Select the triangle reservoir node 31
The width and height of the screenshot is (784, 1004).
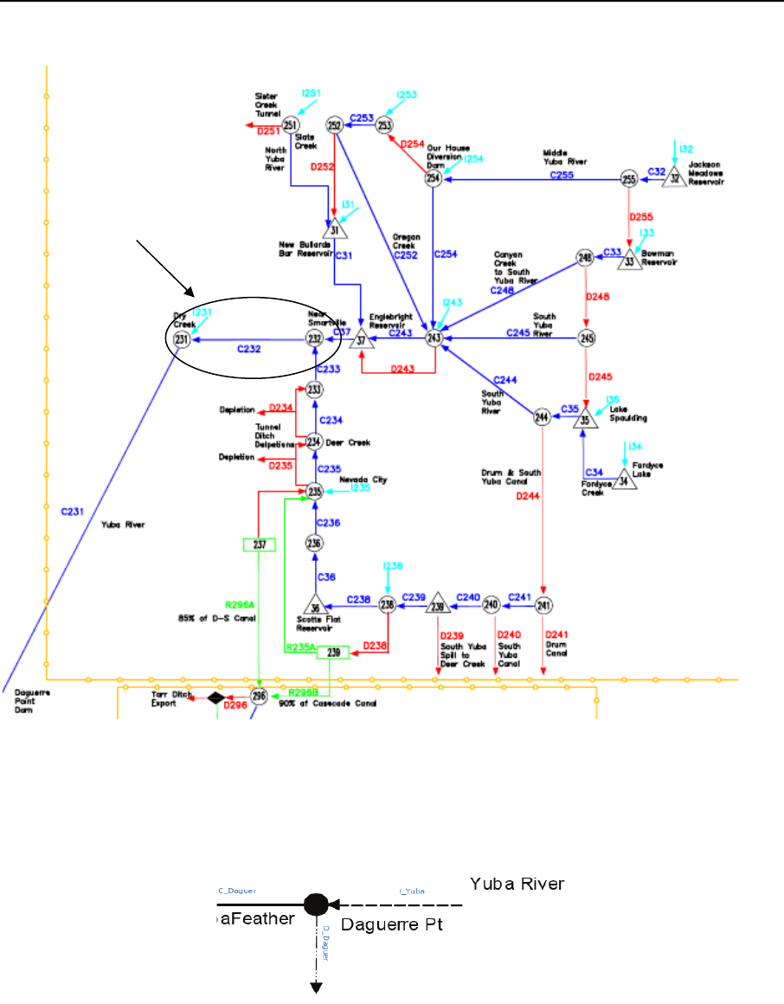(335, 228)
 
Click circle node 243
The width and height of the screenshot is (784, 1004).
(434, 338)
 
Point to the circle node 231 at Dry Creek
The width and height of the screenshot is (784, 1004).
(182, 340)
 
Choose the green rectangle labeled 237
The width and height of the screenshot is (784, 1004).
(259, 544)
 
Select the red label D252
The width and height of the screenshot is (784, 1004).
(321, 167)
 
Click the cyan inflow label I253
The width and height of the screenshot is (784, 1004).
(407, 94)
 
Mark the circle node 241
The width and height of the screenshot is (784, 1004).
(543, 605)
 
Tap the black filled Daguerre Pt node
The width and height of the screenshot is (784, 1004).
(316, 904)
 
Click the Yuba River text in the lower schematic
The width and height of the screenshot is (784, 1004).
(517, 884)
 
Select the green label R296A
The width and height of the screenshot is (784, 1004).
(237, 606)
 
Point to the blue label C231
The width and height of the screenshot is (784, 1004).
(72, 512)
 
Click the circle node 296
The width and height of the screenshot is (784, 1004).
(257, 697)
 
